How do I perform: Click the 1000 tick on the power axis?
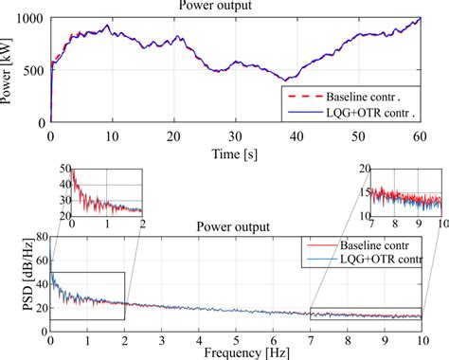[30, 19]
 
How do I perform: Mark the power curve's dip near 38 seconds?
[284, 80]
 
